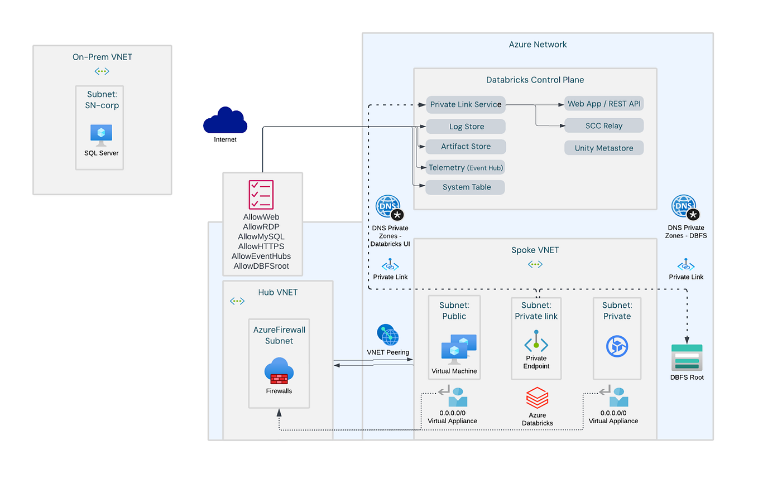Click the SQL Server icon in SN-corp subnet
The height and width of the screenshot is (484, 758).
(101, 135)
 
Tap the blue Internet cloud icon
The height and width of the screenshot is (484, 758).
(225, 120)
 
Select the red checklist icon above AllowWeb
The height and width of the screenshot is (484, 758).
(261, 195)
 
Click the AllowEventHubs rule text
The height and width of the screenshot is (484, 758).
(261, 256)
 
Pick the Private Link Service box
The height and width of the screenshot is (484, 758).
(466, 104)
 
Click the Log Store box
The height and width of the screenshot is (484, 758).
(466, 127)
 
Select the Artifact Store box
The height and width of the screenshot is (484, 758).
(466, 147)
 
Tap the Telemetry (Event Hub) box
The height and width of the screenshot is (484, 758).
(466, 167)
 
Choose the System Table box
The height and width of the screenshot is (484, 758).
(466, 187)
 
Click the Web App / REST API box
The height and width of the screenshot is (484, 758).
(604, 104)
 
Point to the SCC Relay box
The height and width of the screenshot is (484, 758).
(603, 126)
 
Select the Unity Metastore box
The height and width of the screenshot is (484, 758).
(603, 148)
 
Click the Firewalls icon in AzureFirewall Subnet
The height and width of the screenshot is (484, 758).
(279, 372)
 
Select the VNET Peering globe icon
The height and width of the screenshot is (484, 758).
(388, 335)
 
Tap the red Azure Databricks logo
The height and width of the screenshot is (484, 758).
(537, 399)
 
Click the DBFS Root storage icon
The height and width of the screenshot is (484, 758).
(687, 357)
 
